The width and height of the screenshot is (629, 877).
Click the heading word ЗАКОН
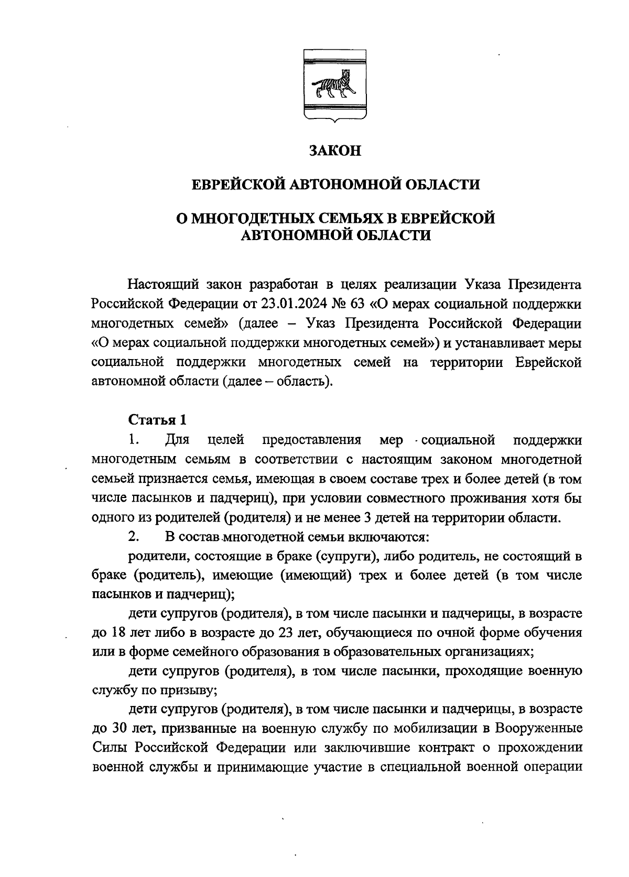click(x=335, y=151)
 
